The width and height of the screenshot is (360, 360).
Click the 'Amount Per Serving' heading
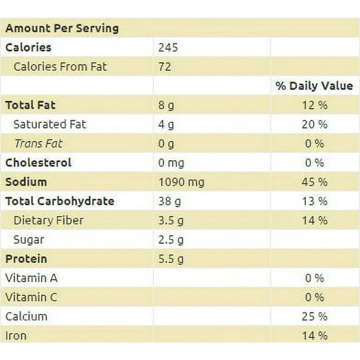pos(62,28)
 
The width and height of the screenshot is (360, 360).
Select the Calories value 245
pos(168,47)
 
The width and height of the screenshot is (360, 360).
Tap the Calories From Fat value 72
pos(165,67)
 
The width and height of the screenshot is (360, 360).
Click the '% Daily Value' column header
pos(314,86)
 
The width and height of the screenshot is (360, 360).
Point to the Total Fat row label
pos(30,105)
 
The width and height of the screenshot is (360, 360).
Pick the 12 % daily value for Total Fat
pos(315,105)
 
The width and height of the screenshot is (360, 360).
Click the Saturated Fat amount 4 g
pos(165,125)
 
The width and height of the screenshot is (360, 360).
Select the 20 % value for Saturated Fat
pos(315,124)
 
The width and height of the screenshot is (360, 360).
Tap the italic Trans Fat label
pos(38,144)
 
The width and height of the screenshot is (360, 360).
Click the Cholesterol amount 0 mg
pos(171,163)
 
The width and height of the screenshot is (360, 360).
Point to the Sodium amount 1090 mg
pos(181,182)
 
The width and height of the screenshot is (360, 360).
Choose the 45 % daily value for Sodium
pos(315,182)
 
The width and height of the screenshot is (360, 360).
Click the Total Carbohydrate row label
pos(59,201)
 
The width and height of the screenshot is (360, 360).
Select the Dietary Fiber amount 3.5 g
pos(171,221)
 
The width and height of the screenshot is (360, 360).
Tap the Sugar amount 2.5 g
pos(171,240)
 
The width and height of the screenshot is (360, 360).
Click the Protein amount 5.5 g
pos(171,259)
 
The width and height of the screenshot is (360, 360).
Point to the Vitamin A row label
pos(32,278)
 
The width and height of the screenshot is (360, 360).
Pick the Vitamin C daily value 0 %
pos(315,297)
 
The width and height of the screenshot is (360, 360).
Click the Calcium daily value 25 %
pos(315,316)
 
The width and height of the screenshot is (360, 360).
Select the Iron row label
pos(16,336)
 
